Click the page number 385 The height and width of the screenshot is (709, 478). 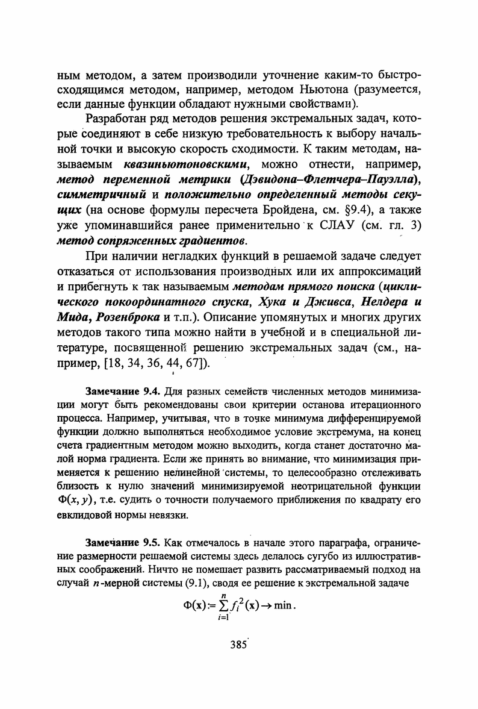(x=239, y=643)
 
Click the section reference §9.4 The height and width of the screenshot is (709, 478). (x=359, y=210)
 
